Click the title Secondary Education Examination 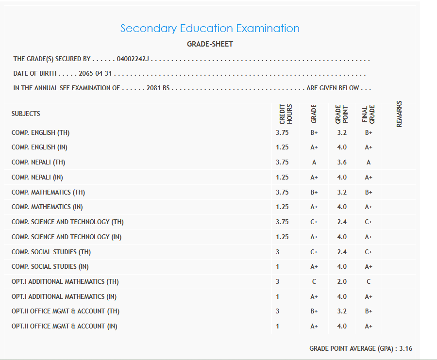click(210, 28)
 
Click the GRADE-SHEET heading click(210, 44)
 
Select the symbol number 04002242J click(133, 59)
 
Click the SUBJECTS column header click(26, 114)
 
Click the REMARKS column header click(399, 114)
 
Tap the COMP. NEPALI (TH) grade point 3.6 click(342, 163)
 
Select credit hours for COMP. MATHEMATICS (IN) click(282, 207)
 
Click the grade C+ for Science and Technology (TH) click(314, 222)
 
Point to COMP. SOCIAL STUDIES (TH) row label click(51, 252)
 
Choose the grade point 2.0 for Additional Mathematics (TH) click(342, 282)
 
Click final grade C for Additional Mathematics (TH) click(369, 282)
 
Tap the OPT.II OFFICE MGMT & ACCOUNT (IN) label click(65, 327)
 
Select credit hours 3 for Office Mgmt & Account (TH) click(277, 311)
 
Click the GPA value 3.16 click(406, 348)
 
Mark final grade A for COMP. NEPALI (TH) click(369, 163)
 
